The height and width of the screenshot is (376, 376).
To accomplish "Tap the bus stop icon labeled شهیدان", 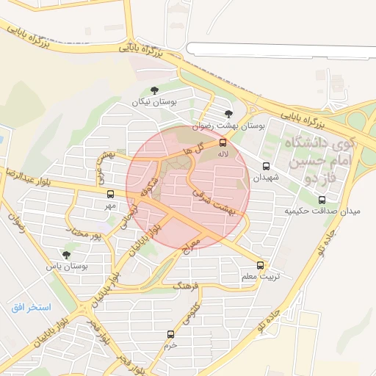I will tap(266, 165).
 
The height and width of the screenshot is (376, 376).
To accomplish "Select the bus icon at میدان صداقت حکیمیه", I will tap(322, 199).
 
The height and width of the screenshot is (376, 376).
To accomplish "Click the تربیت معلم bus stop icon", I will tap(260, 265).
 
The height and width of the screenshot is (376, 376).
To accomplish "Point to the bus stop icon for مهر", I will tap(110, 195).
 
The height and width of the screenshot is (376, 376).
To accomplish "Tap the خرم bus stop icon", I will tap(171, 334).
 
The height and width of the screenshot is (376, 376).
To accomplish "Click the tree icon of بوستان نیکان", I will tap(153, 90).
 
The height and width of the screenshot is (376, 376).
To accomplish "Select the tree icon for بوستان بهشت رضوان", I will tap(229, 113).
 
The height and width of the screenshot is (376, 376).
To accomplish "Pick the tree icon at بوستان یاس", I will tap(67, 255).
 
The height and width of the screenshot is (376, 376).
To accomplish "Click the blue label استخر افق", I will tap(31, 306).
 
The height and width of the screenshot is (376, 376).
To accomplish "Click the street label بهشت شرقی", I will tap(214, 203).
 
